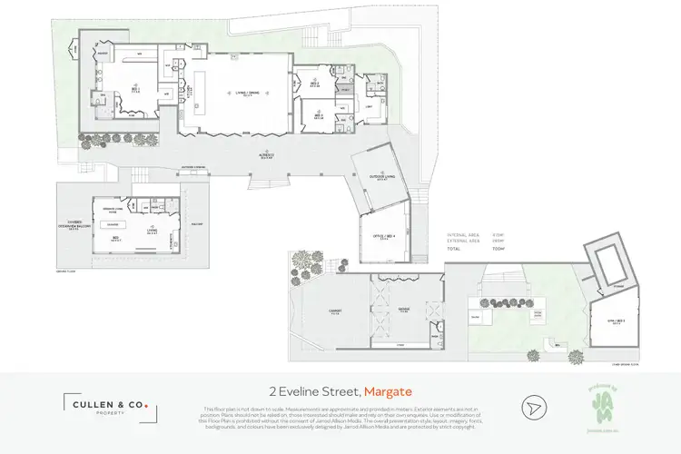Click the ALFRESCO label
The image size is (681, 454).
264,156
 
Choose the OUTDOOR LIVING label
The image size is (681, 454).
383,177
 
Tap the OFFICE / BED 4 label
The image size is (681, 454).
383,238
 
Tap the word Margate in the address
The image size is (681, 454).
388,392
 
